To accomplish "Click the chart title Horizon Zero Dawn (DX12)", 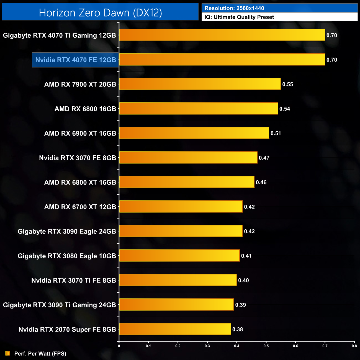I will (x=100, y=13).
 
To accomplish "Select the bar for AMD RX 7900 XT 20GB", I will (x=200, y=84).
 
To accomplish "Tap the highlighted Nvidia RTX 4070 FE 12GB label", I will (x=76, y=60).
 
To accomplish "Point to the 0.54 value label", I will (x=285, y=109).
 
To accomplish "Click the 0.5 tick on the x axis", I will (x=266, y=346).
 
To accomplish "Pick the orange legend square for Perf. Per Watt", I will (x=8, y=353).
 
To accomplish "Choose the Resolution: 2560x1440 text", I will (x=234, y=8).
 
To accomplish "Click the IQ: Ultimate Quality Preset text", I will (x=239, y=17).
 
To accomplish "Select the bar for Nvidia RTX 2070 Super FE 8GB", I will (x=175, y=329).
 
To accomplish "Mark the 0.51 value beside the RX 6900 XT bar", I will (x=276, y=133).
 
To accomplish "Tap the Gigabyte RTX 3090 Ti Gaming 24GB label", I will (x=60, y=305).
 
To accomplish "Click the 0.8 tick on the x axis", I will (x=354, y=346).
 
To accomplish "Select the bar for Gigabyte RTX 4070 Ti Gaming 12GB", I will (x=222, y=35).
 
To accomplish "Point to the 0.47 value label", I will (x=264, y=158).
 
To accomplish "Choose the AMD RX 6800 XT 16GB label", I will (x=80, y=182).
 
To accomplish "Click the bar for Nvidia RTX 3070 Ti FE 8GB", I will (x=178, y=280).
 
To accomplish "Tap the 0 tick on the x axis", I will (x=119, y=346).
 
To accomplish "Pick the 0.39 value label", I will (x=241, y=305).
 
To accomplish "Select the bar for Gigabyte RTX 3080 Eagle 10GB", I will (x=179, y=256).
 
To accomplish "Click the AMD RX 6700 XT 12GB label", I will (x=80, y=207).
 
